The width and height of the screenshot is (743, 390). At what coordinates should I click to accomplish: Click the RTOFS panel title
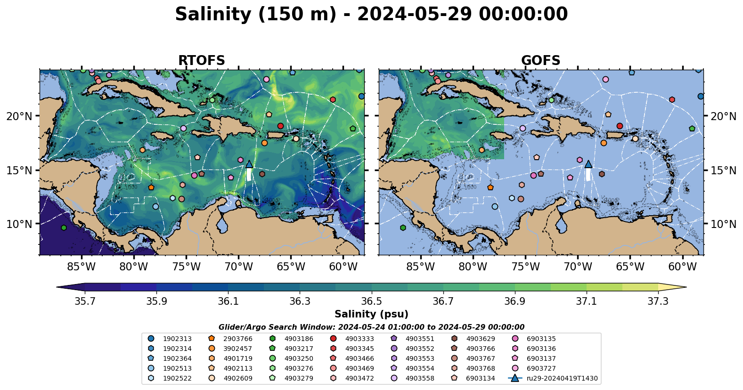(x=201, y=61)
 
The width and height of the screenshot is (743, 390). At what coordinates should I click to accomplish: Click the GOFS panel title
(x=540, y=61)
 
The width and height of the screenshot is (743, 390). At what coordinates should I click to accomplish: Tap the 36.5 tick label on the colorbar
(x=371, y=301)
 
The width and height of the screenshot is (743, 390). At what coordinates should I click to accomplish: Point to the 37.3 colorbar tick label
(x=658, y=301)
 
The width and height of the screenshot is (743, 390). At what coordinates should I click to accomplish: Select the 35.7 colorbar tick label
(x=85, y=301)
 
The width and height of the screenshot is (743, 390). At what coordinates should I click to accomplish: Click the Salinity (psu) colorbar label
(x=371, y=314)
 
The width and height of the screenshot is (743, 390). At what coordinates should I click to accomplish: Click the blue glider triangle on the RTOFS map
(x=249, y=164)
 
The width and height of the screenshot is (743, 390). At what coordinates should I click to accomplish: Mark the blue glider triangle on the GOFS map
(x=588, y=164)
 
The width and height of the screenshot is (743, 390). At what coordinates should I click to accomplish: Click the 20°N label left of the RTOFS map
(x=19, y=116)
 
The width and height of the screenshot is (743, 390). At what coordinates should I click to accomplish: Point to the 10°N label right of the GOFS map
(x=723, y=224)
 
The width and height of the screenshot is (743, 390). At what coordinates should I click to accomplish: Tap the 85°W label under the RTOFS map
(x=82, y=267)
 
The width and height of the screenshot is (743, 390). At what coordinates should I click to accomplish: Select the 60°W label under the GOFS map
(x=682, y=267)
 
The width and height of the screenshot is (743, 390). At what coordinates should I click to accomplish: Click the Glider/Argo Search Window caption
(x=371, y=327)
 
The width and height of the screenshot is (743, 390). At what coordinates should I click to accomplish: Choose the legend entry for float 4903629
(x=481, y=339)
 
